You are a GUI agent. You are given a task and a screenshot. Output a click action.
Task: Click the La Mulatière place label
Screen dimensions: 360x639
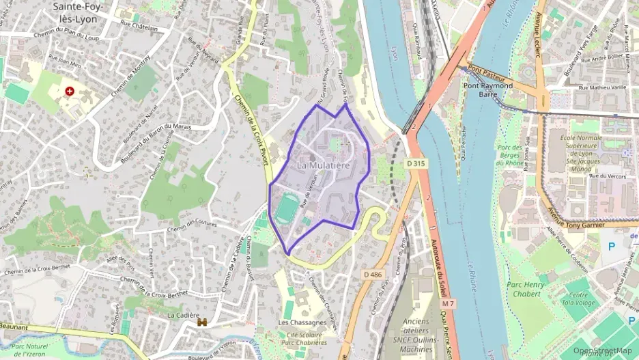click(x=324, y=165)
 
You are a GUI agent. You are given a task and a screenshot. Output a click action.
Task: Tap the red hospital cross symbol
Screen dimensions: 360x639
click(x=69, y=91)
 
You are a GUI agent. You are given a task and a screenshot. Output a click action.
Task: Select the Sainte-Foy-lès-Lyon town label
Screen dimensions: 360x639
click(x=74, y=13)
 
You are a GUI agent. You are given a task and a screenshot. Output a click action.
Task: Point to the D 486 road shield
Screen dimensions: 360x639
click(x=372, y=275)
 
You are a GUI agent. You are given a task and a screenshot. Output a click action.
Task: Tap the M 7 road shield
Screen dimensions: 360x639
click(x=448, y=303)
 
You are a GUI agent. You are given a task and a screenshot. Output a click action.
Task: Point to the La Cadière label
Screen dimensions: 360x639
click(x=182, y=316)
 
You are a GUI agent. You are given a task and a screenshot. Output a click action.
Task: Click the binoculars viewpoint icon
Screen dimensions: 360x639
click(x=202, y=322)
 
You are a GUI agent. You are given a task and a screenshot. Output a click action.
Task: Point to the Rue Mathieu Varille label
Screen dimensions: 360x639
click(x=603, y=87)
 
